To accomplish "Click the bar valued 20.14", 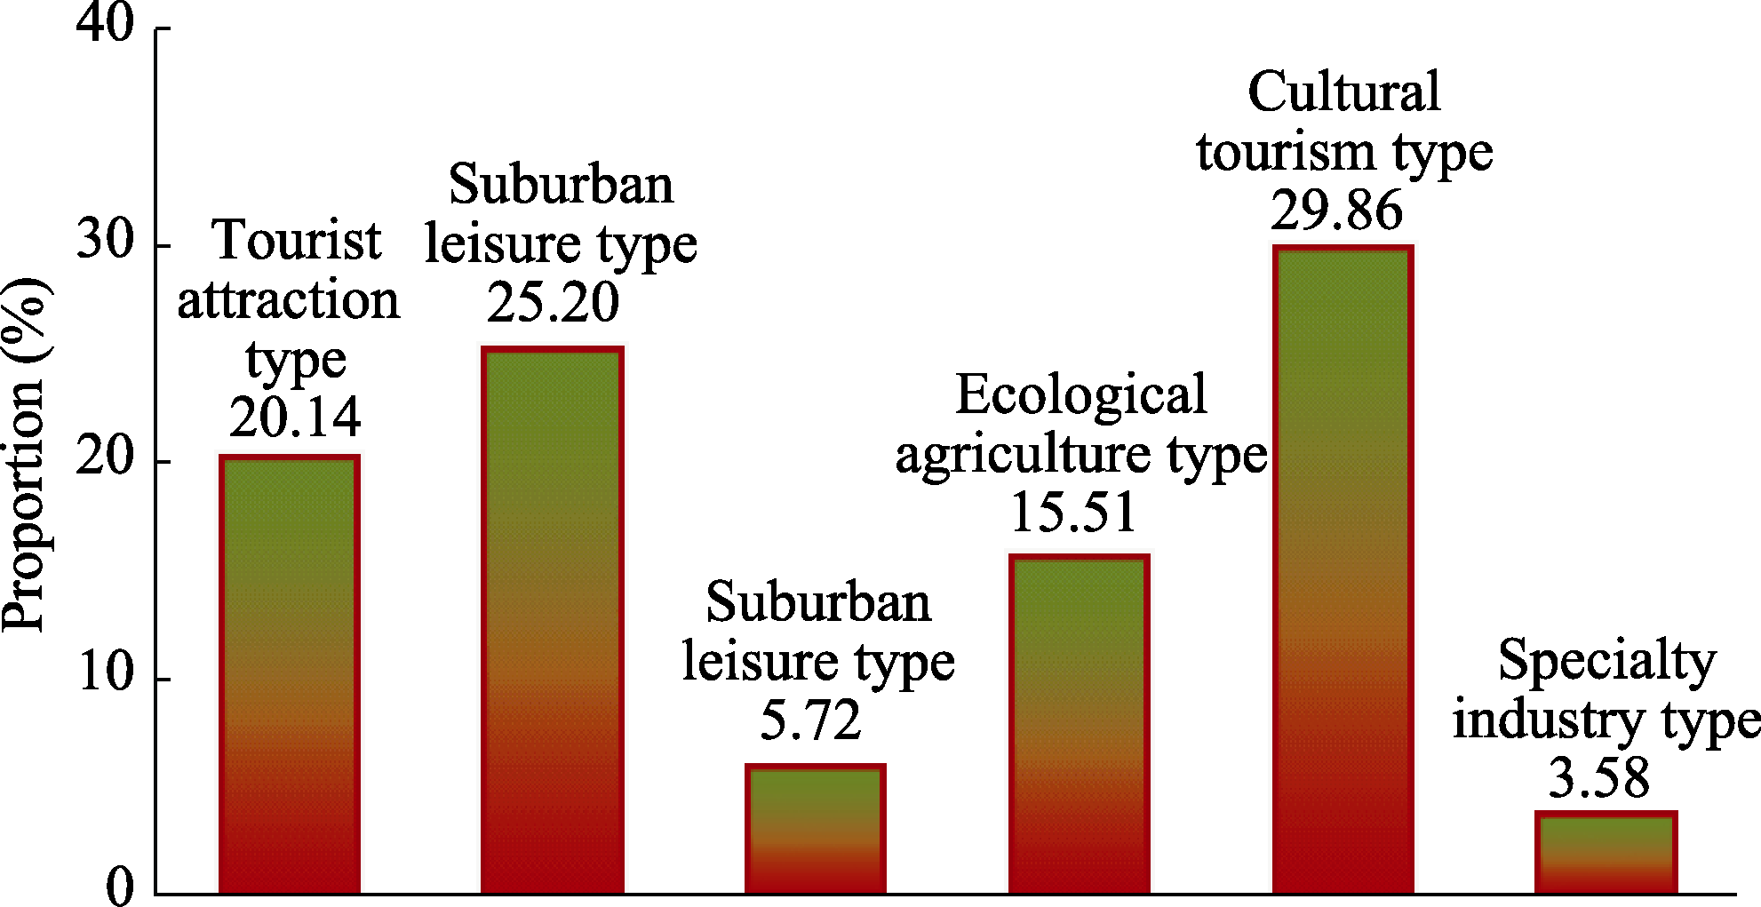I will [290, 675].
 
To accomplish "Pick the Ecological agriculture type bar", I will [1079, 724].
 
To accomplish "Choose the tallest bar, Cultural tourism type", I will [1343, 569].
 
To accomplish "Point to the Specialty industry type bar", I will [1606, 852].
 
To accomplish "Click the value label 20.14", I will [295, 417].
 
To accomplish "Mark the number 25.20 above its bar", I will [553, 302].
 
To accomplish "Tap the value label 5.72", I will [810, 720].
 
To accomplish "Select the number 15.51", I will [1074, 513].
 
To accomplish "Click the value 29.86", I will [1336, 211].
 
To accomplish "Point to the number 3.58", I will [1599, 777].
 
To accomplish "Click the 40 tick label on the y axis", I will [105, 21].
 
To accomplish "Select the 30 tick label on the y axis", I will [105, 239].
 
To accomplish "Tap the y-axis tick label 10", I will [105, 672].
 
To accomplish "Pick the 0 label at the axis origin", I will [120, 886].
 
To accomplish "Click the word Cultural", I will [1343, 91].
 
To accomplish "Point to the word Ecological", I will [1080, 394].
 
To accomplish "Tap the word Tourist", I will [297, 241].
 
